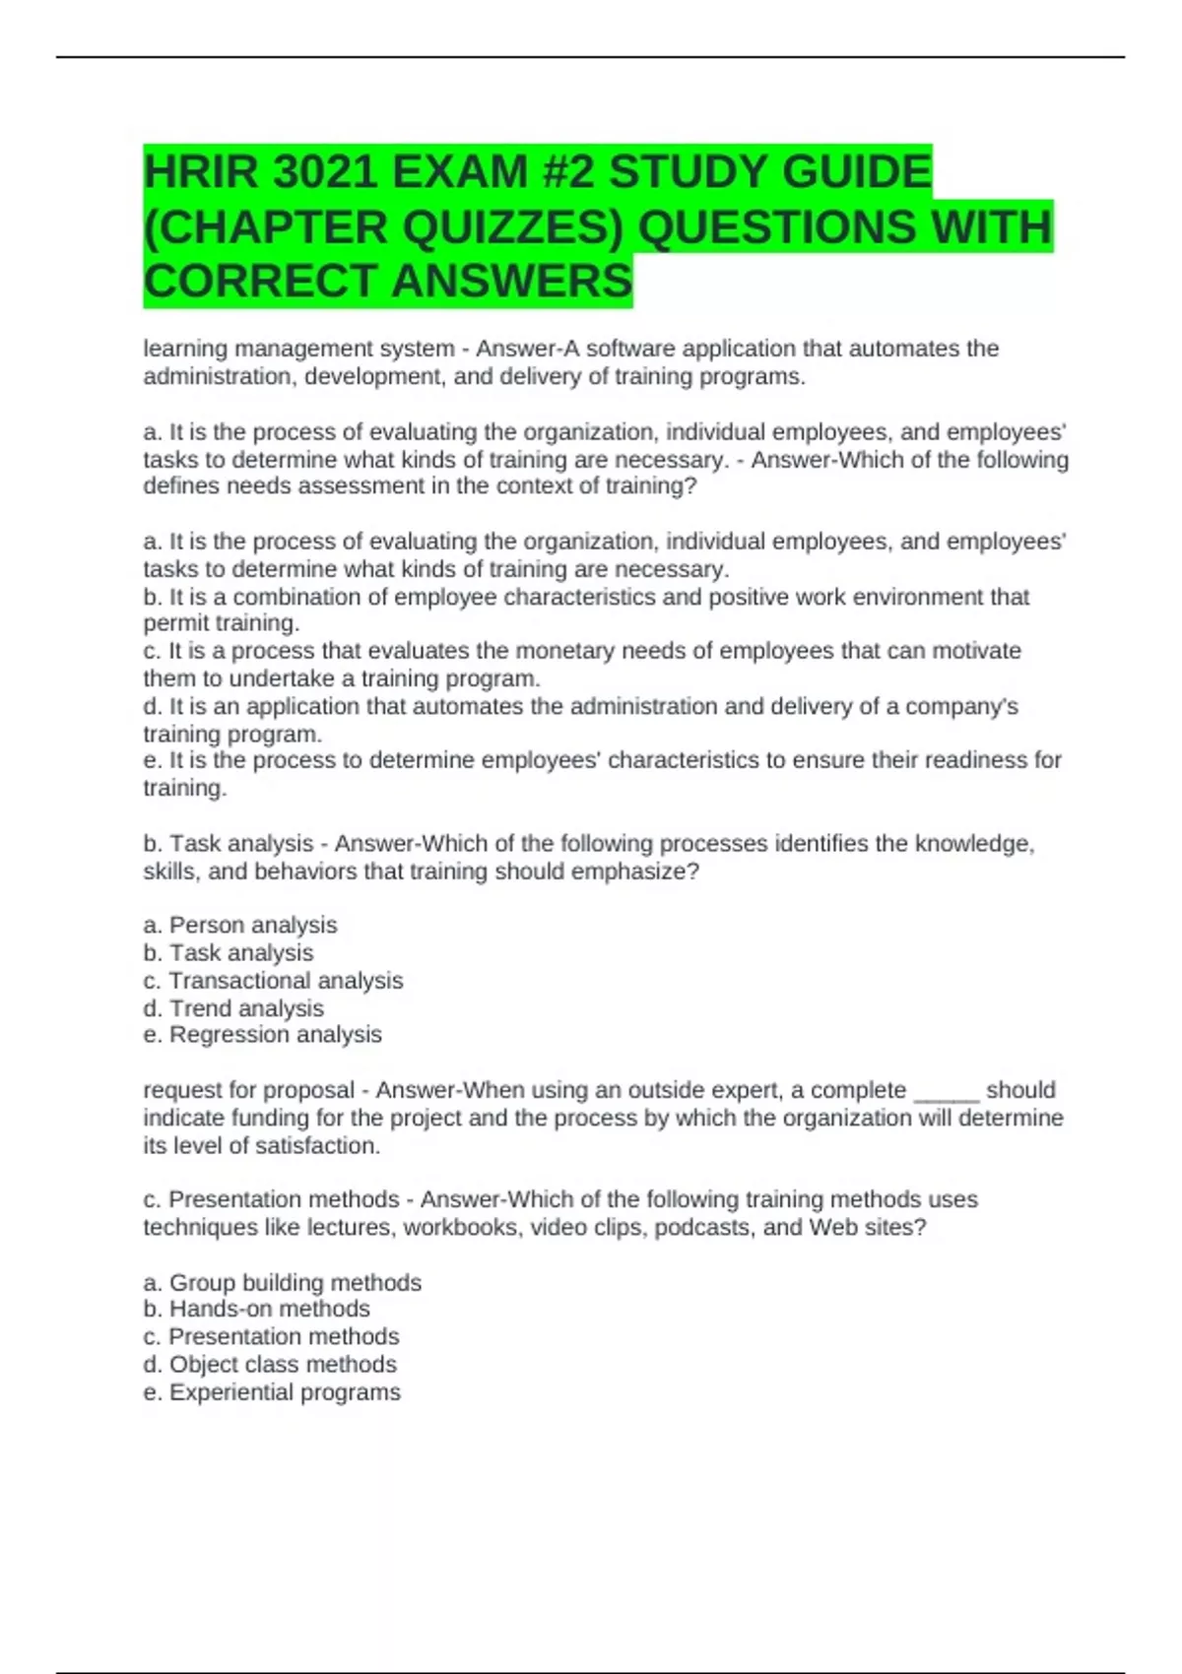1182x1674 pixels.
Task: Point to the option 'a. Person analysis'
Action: coord(240,926)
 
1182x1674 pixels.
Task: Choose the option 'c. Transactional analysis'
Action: coord(273,981)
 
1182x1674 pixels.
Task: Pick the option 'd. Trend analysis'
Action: coord(233,1008)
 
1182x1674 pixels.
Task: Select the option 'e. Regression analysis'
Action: coord(262,1035)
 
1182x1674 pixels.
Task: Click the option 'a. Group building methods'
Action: coord(282,1283)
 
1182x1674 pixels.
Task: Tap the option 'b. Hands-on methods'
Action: coord(256,1309)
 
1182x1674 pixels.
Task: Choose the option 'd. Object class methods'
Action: coord(270,1365)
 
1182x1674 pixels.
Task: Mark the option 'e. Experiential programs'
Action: coord(272,1392)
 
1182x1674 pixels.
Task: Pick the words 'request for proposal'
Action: coord(248,1091)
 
